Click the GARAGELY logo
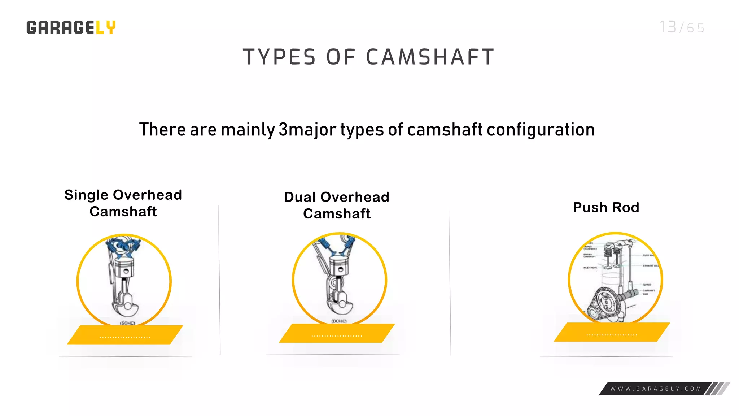point(71,27)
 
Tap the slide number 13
point(668,27)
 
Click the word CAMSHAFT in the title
point(430,57)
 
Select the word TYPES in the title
point(279,57)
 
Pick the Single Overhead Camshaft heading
point(123,203)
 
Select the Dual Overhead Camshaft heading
point(337,205)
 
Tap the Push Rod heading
point(606,208)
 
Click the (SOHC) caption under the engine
point(127,323)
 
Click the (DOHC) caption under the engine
point(339,321)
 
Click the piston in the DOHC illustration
point(338,266)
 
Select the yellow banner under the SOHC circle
point(125,335)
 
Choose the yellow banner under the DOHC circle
point(337,333)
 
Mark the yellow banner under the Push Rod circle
point(612,332)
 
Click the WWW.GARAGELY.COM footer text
point(656,389)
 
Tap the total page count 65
point(695,28)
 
